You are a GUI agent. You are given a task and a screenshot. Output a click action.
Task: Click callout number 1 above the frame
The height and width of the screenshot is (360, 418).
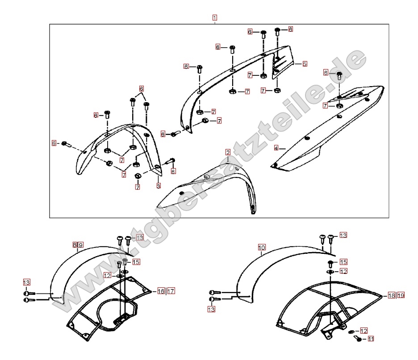215,18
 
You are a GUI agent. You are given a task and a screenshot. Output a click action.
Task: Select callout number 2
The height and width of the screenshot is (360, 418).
228,153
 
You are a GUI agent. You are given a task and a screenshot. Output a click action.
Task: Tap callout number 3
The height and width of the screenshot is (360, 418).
158,186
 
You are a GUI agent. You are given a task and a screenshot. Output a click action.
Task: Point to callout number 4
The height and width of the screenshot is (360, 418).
276,148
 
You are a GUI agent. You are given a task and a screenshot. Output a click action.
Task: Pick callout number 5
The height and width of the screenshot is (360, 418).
305,64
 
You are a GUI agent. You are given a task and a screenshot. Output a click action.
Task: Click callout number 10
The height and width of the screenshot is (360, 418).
262,247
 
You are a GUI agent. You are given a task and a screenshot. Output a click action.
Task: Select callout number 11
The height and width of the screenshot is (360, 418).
371,339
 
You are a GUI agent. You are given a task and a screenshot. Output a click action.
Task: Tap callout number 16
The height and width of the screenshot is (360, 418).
161,291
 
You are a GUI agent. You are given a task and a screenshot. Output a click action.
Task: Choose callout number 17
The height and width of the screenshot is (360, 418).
171,291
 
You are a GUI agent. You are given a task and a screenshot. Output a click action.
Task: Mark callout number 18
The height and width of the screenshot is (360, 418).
391,295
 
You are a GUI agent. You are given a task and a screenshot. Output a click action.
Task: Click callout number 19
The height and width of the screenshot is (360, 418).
401,295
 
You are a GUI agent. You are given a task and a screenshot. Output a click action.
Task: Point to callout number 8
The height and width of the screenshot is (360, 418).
75,245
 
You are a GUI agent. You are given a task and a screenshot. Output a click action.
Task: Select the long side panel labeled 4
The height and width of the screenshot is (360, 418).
322,129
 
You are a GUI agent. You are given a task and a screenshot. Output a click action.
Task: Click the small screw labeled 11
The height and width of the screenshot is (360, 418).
359,339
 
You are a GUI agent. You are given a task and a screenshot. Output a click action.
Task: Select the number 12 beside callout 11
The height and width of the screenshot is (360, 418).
364,331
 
